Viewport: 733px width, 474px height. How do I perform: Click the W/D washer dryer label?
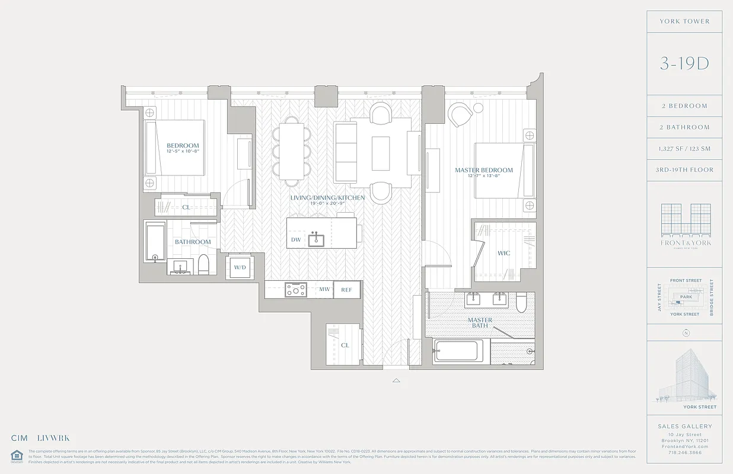(240, 267)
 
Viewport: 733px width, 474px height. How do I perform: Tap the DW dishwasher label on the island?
(295, 240)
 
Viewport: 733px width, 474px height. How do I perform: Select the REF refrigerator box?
(347, 290)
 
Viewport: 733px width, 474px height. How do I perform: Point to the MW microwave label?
(324, 290)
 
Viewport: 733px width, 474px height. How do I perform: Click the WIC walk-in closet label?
(503, 254)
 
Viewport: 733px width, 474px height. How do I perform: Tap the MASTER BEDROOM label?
(483, 171)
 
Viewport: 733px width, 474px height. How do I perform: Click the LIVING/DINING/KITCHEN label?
(319, 198)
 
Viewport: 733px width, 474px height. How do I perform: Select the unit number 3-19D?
(684, 64)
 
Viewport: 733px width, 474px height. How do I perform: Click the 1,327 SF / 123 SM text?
(685, 149)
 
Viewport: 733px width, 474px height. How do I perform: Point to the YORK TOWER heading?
(685, 21)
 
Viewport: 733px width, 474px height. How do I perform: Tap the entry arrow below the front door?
(396, 381)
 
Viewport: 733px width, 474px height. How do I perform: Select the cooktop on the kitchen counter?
(295, 290)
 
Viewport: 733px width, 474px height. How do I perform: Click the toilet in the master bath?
(521, 304)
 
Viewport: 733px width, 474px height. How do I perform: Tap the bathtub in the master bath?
(457, 351)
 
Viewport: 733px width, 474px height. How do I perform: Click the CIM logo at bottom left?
(20, 438)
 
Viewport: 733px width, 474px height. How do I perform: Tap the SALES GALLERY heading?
(685, 426)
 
